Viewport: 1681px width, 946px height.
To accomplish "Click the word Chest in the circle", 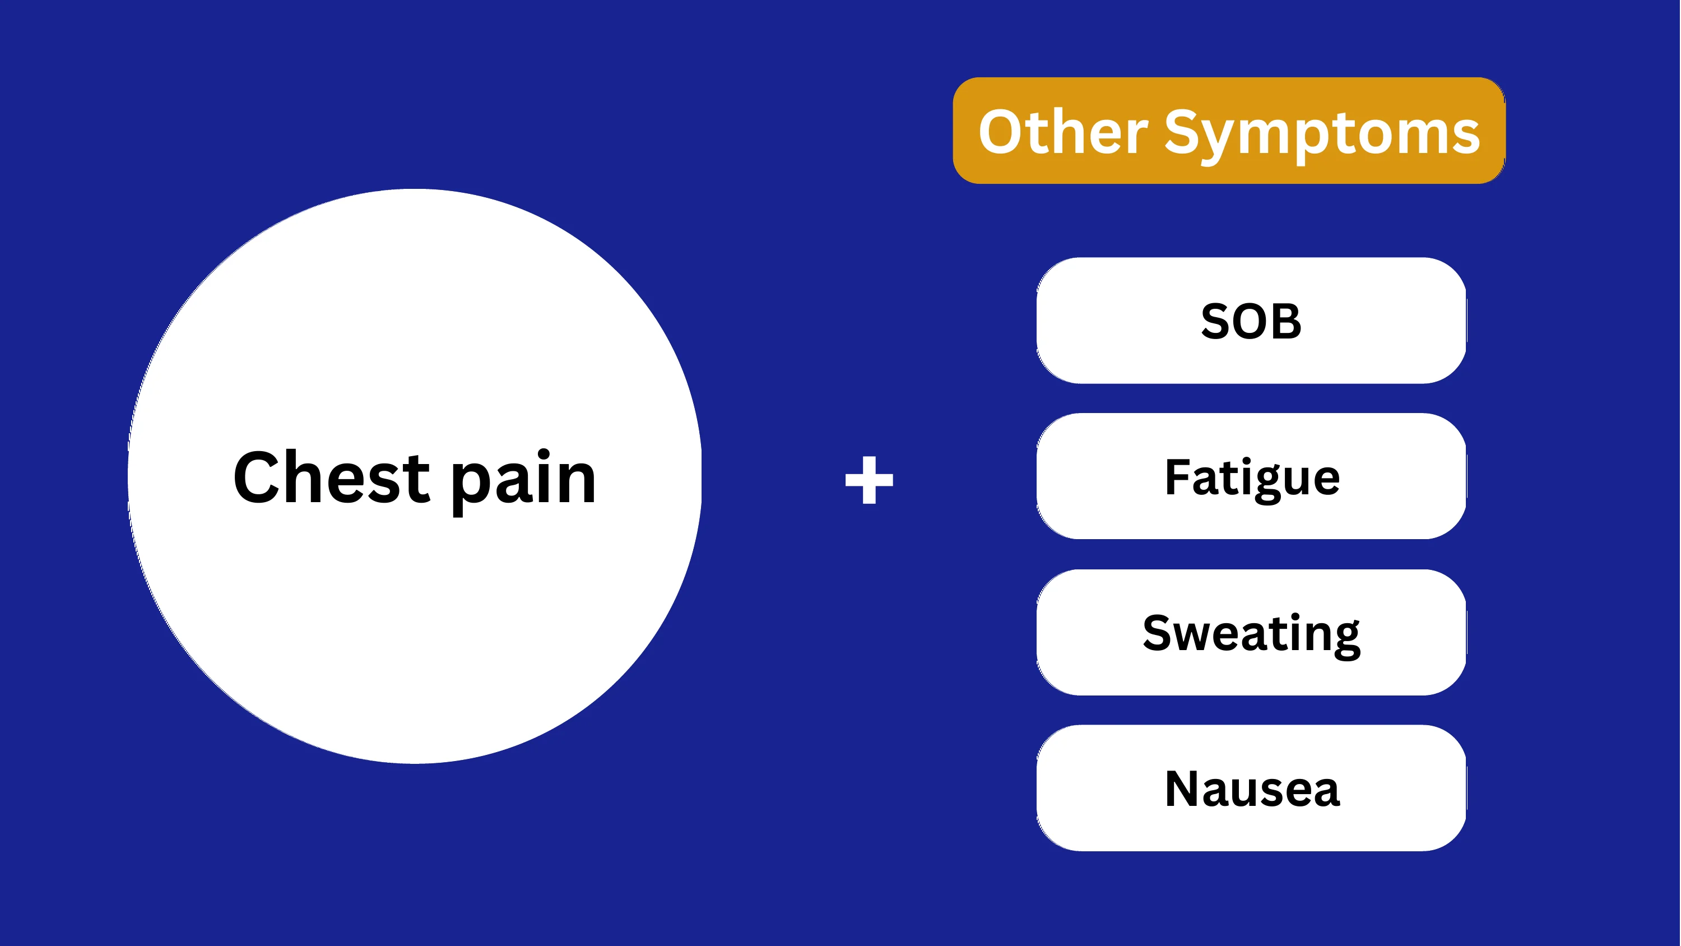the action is point(332,477).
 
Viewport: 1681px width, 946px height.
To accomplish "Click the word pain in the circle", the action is point(523,483).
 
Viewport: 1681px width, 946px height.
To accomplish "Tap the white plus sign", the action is point(869,480).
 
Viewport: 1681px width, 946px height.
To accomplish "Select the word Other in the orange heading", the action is point(1063,132).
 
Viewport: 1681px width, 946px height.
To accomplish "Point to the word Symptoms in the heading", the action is point(1322,136).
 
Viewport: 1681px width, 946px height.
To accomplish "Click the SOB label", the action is point(1251,321).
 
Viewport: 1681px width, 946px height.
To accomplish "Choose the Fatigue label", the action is point(1252,479).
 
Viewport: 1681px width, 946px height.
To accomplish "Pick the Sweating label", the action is point(1252,634).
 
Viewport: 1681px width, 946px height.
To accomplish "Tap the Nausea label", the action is point(1252,789).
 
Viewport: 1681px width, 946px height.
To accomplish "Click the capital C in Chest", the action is point(257,477).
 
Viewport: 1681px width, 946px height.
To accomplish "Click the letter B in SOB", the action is point(1285,321).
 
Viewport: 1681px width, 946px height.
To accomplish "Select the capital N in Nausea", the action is point(1183,789).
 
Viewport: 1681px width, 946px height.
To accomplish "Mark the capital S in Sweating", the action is point(1158,633).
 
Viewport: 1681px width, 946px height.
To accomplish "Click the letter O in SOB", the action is point(1251,321).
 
